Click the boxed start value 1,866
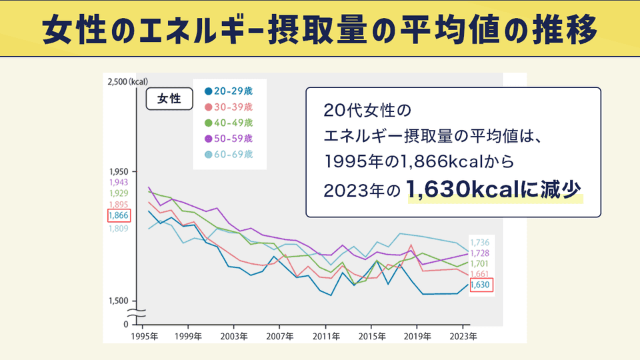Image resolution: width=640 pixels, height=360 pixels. (x=118, y=215)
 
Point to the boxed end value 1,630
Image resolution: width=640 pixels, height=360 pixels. (x=480, y=285)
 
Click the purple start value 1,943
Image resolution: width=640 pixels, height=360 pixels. (x=118, y=182)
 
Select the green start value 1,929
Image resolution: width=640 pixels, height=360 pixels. (x=118, y=193)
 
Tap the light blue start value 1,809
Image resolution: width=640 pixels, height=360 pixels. (x=118, y=229)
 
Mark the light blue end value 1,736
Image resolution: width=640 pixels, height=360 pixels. (x=480, y=243)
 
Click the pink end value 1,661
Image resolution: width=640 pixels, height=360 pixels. (x=480, y=274)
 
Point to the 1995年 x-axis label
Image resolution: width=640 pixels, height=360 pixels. (x=145, y=336)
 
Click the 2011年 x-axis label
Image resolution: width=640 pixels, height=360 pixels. (x=326, y=336)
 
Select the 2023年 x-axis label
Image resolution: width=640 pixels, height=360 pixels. (x=463, y=336)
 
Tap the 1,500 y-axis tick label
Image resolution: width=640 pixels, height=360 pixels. (x=118, y=301)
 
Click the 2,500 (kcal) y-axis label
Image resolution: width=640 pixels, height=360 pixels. (x=127, y=81)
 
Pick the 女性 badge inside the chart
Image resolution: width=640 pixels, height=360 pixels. (x=169, y=99)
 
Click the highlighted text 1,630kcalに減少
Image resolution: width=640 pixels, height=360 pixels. (x=494, y=189)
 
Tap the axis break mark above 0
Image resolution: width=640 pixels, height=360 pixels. (x=138, y=312)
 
